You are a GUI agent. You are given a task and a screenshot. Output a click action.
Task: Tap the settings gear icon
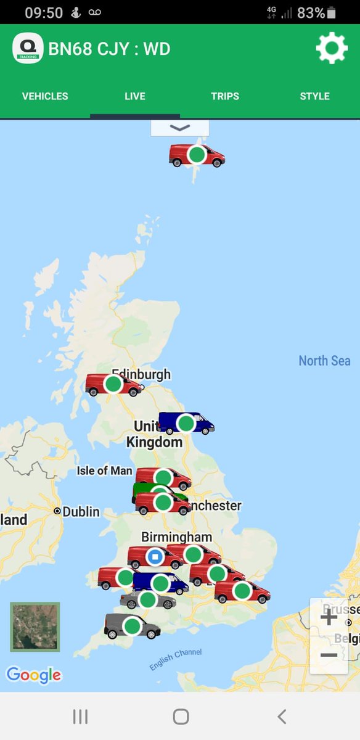(x=332, y=47)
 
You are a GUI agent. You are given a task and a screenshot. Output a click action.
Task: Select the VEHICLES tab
(x=45, y=96)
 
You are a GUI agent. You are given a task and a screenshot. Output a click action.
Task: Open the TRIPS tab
(x=225, y=96)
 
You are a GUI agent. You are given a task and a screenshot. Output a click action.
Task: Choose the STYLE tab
(x=314, y=96)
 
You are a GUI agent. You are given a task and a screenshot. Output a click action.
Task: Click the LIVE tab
(x=135, y=96)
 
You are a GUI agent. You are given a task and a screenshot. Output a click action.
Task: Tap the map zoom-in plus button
(x=329, y=617)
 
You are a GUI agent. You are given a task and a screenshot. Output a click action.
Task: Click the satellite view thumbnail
(x=35, y=627)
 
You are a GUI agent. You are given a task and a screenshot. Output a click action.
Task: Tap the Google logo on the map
(x=34, y=675)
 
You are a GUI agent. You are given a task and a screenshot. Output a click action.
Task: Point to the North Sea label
(x=324, y=361)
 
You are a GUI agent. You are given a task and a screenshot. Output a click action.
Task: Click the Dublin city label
(x=80, y=512)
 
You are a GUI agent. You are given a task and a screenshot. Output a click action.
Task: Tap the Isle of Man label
(x=104, y=471)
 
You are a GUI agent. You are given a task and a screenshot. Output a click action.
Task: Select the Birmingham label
(x=176, y=537)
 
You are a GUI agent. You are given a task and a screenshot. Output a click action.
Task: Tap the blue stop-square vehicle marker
(x=155, y=557)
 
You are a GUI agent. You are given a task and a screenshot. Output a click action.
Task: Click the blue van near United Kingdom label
(x=186, y=423)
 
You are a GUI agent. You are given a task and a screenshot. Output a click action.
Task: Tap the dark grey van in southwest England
(x=132, y=626)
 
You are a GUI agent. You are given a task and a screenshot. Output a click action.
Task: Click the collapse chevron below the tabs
(x=180, y=128)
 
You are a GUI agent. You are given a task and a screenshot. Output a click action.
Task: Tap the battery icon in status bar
(x=332, y=12)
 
